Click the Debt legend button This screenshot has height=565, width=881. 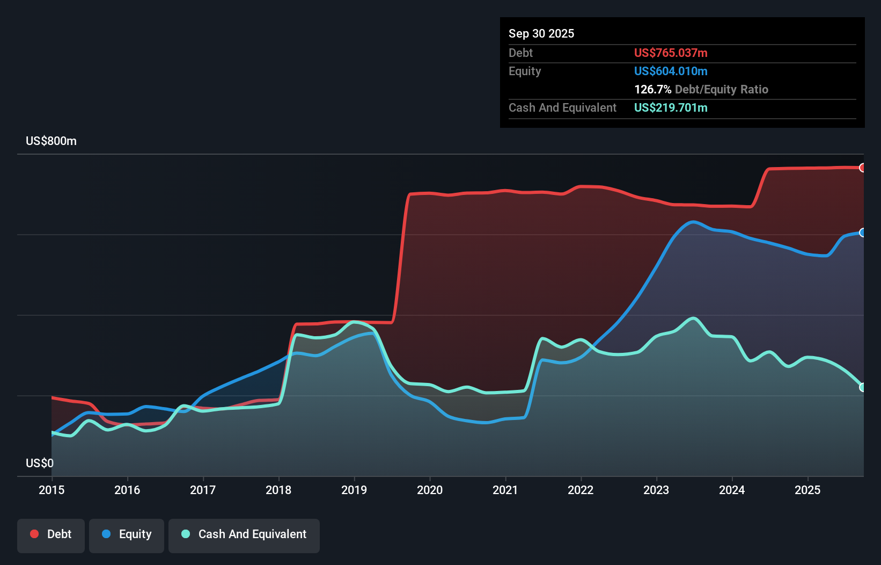pos(51,534)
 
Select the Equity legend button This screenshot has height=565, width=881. pos(127,534)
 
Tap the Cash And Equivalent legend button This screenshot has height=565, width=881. pos(244,534)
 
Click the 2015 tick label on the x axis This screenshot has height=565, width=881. pos(52,490)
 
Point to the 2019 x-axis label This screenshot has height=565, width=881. pos(354,490)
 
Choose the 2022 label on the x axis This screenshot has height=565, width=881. pos(581,490)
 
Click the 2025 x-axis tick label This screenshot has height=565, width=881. pos(807,490)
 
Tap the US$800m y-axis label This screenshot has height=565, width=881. pos(51,141)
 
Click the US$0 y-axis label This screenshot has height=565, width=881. pos(40,463)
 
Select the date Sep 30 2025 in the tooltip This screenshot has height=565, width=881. pos(541,33)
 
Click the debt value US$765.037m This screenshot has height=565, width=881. pos(671,53)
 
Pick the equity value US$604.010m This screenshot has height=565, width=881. pos(671,71)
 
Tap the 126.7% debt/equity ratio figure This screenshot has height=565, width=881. pos(652,89)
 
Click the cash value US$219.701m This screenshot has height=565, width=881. pos(671,107)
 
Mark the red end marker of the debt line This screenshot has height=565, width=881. pos(862,168)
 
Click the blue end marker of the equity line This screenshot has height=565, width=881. pos(862,233)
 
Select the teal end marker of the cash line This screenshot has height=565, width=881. pos(862,387)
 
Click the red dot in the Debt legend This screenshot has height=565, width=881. pos(34,534)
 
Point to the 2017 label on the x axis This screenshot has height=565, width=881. pos(203,490)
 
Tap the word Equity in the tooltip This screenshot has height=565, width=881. pos(525,71)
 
